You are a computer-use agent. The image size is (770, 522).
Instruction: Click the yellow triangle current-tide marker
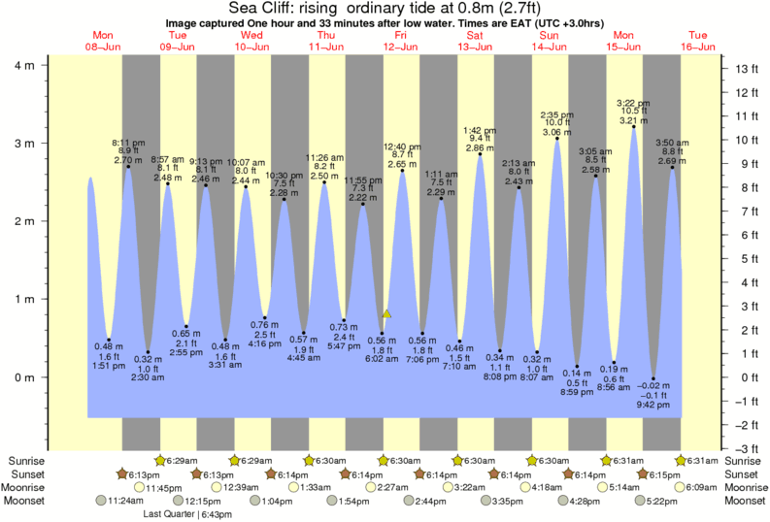point(386,313)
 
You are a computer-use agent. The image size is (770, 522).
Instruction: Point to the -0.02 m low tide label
point(653,385)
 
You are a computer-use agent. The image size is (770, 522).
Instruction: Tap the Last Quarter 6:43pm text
point(186,513)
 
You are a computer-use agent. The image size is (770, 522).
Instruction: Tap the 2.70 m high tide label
point(128,160)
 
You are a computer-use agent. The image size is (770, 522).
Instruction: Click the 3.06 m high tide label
point(556,131)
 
